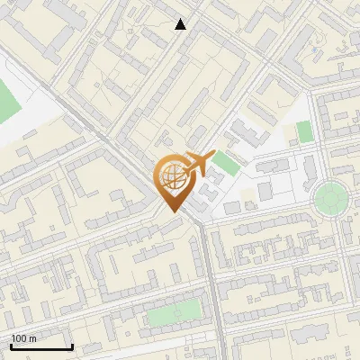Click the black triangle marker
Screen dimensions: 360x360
point(181,24)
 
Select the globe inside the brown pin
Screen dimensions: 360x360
point(171,177)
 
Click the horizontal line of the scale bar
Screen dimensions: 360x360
point(41,347)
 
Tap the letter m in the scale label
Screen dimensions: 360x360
point(33,338)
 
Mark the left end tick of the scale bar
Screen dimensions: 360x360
point(12,346)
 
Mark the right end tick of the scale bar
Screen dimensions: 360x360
point(72,346)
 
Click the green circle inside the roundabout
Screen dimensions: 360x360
point(330,195)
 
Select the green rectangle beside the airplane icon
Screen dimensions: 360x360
point(225,165)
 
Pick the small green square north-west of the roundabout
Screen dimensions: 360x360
point(304,131)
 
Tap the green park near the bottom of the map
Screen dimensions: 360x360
point(174,313)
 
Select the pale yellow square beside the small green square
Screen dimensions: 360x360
point(292,134)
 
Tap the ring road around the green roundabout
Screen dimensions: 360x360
point(330,180)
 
